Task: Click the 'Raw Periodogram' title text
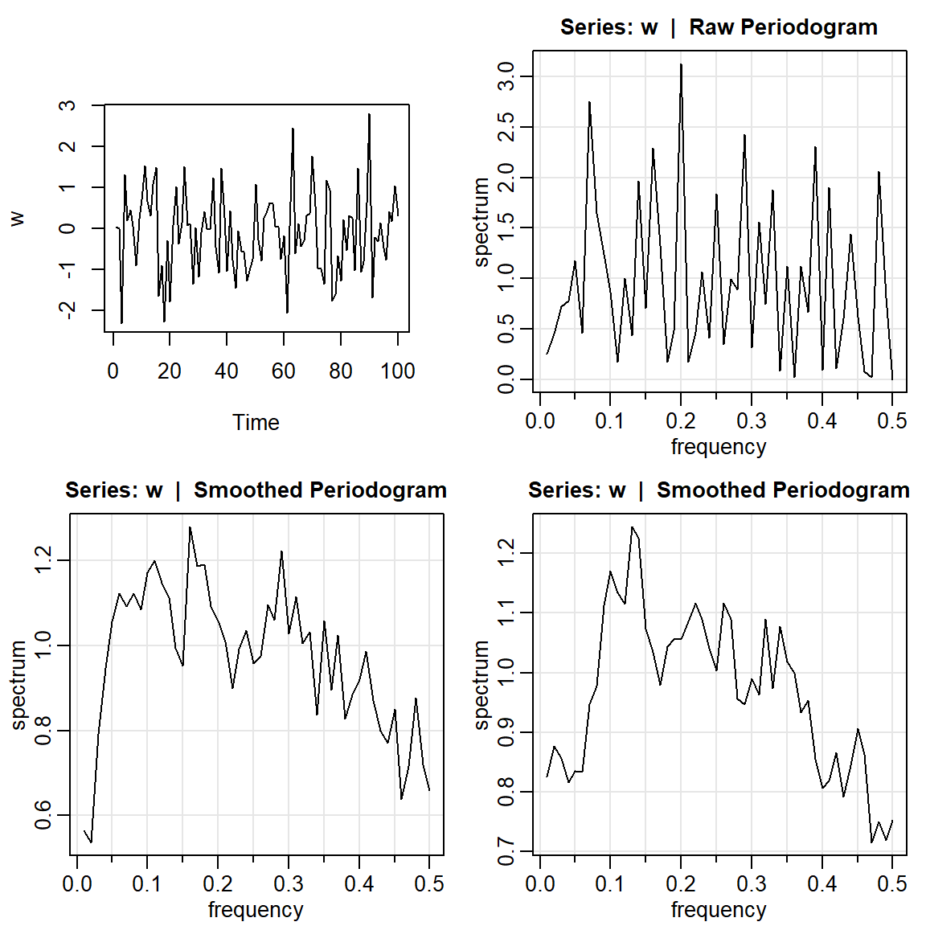tap(783, 27)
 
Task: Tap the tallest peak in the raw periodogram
tap(681, 64)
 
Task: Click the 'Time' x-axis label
tap(256, 422)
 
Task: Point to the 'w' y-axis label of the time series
tap(17, 218)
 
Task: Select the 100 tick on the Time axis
tap(398, 371)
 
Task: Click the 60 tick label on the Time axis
tap(284, 371)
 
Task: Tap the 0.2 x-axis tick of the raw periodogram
tap(681, 420)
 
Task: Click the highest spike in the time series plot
tap(369, 114)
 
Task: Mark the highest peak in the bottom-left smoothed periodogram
tap(190, 527)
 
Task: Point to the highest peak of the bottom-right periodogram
tap(632, 527)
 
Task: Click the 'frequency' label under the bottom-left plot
tap(256, 909)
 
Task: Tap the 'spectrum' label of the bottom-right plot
tap(481, 685)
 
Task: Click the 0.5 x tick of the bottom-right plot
tap(892, 883)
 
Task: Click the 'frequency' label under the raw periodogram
tap(719, 446)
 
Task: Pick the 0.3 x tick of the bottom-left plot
tap(289, 883)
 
